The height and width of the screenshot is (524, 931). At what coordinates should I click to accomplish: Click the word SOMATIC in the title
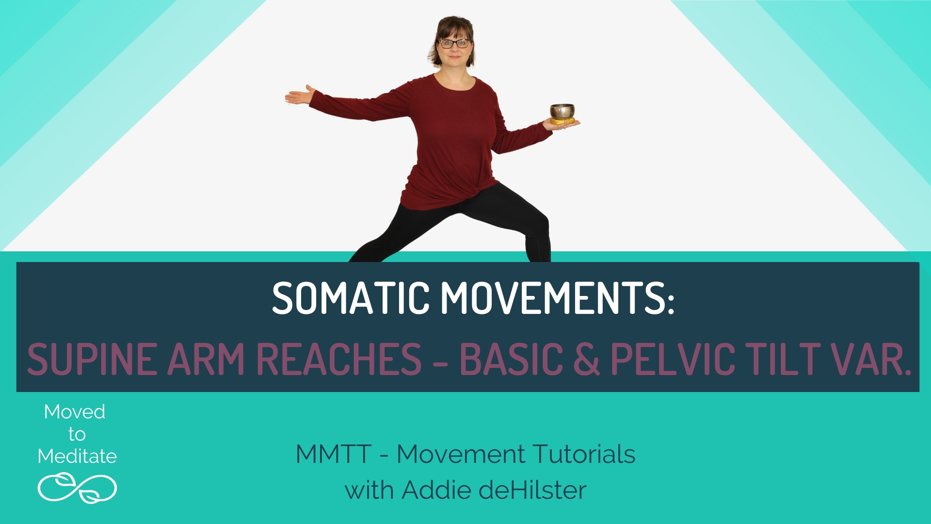click(x=351, y=297)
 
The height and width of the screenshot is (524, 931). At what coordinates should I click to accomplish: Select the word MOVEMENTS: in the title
click(x=557, y=297)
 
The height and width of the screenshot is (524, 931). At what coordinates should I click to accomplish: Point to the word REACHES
click(x=338, y=359)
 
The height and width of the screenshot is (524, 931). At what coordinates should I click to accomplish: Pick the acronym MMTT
click(x=334, y=455)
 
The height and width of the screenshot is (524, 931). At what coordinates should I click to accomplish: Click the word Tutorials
click(x=584, y=455)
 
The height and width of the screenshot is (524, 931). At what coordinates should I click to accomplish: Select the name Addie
click(x=437, y=490)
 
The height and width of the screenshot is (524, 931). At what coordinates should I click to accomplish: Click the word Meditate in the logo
click(x=77, y=457)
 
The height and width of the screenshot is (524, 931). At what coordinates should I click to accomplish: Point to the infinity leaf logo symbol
click(x=77, y=488)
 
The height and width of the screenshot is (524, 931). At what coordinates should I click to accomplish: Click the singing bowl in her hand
click(x=562, y=112)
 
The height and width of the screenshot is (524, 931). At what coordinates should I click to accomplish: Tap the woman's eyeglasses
click(x=454, y=44)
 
